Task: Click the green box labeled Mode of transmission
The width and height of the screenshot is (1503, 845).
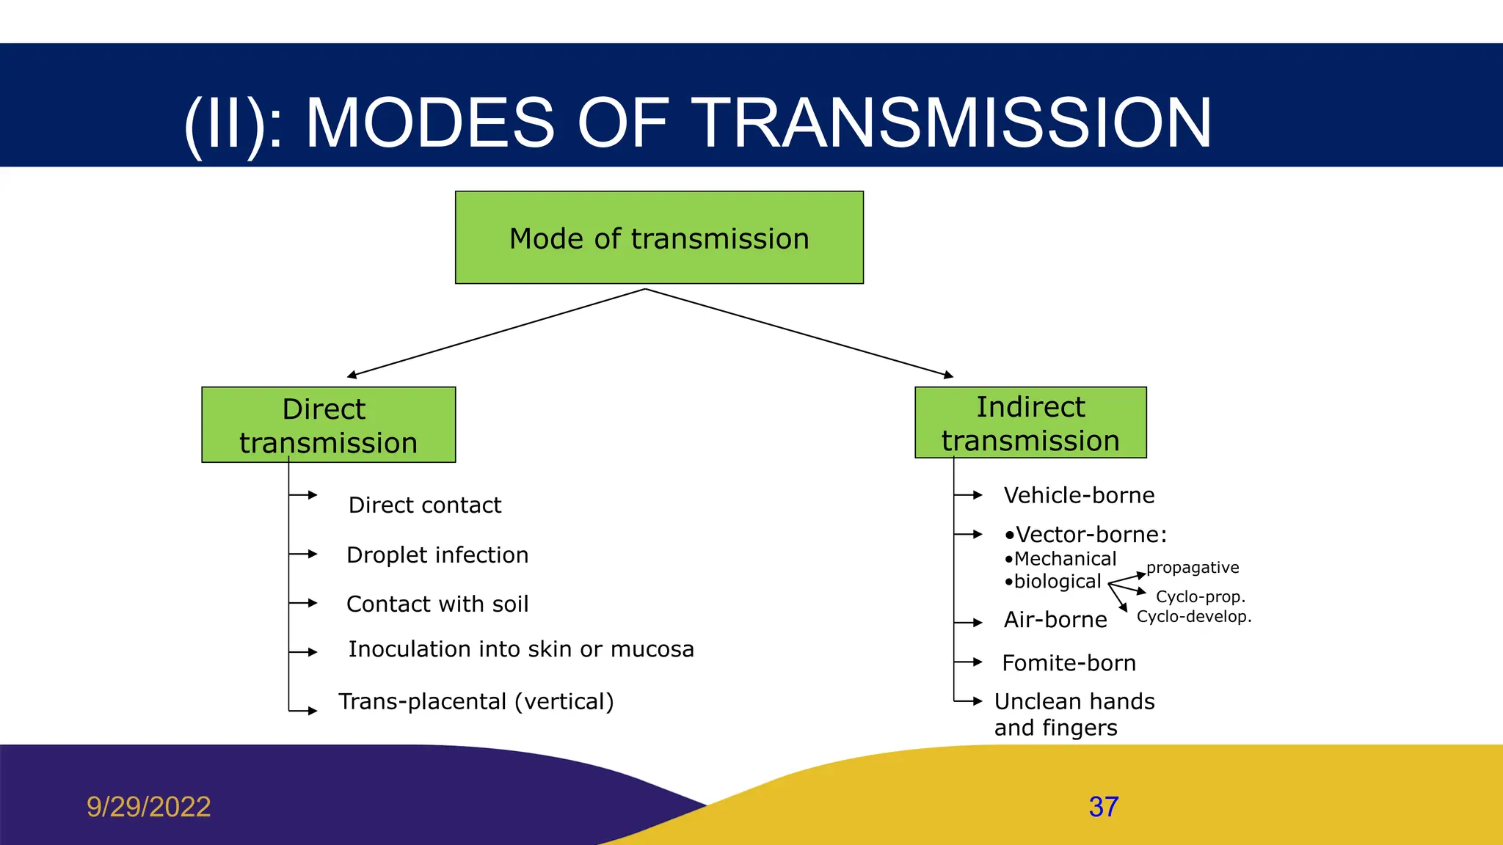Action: tap(659, 238)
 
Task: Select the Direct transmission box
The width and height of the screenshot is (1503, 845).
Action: tap(328, 425)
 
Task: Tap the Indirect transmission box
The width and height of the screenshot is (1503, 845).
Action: tap(1030, 422)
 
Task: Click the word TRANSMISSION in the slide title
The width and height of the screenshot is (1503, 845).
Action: tap(951, 123)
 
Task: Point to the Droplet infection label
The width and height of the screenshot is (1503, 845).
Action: tap(437, 555)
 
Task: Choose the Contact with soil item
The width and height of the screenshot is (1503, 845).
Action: tap(437, 604)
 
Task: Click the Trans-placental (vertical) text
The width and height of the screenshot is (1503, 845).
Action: tap(476, 701)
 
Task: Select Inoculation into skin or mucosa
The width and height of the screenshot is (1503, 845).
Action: tap(521, 649)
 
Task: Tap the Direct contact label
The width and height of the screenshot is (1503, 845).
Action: tap(425, 505)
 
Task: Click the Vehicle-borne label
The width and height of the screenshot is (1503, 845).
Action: tap(1079, 495)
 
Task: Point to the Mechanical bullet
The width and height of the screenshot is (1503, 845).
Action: tap(1064, 559)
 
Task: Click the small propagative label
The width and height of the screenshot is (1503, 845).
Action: tap(1193, 568)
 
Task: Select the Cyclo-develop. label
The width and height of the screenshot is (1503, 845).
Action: tap(1194, 617)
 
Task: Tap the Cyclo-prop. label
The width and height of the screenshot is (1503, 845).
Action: tap(1201, 597)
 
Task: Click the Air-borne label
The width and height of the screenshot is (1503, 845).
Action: tap(1055, 620)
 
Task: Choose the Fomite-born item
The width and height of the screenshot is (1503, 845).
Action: tap(1069, 663)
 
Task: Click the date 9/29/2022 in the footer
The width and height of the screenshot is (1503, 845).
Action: tap(149, 807)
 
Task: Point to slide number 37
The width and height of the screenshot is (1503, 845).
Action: tap(1104, 807)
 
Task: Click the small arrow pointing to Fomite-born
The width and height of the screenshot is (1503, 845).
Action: tap(969, 662)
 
